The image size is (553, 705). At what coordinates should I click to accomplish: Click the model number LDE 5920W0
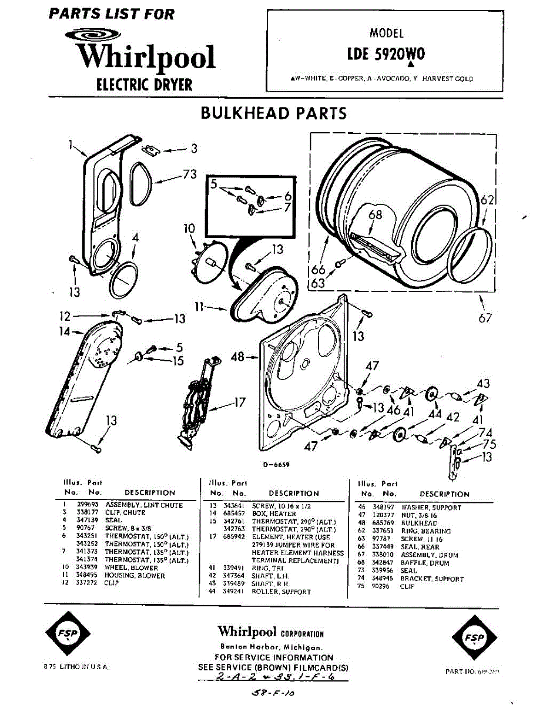point(386,54)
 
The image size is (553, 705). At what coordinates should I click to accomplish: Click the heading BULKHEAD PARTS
point(274,113)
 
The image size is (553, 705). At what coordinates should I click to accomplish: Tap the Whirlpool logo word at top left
point(146,57)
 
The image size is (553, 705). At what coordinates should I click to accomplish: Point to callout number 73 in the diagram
point(189,174)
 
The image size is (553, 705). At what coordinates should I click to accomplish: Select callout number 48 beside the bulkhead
point(237,357)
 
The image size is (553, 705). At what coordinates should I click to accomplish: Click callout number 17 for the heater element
point(239,403)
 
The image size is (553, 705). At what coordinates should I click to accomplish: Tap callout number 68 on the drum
point(376,214)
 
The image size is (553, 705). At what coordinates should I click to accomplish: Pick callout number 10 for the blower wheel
point(189,227)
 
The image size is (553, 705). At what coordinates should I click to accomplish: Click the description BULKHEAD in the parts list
point(419,523)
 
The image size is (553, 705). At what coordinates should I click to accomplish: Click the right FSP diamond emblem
point(473,638)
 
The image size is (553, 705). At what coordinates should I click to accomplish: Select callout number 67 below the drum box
point(485,318)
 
